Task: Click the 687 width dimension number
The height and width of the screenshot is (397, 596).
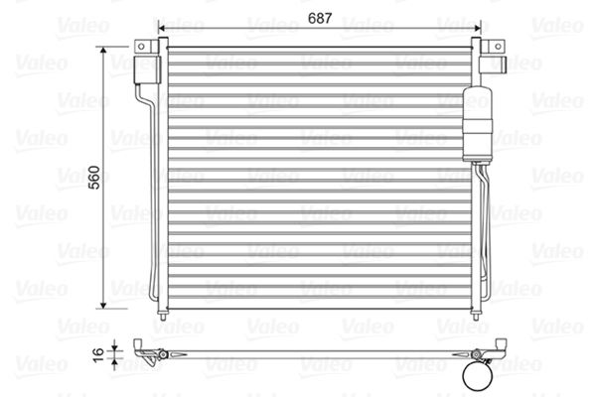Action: tap(320, 18)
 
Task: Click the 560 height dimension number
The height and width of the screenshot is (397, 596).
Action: tap(94, 178)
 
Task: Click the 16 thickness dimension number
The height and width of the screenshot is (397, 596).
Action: tap(97, 354)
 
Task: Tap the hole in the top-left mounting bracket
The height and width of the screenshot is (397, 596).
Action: tap(141, 47)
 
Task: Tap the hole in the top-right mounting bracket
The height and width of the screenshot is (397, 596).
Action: tap(498, 47)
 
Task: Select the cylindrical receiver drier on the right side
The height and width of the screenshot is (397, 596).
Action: tap(478, 124)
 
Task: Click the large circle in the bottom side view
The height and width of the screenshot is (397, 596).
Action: tap(478, 376)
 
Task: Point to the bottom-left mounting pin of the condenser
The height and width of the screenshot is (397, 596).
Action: tap(163, 316)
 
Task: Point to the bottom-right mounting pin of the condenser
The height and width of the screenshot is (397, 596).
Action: tap(476, 316)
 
